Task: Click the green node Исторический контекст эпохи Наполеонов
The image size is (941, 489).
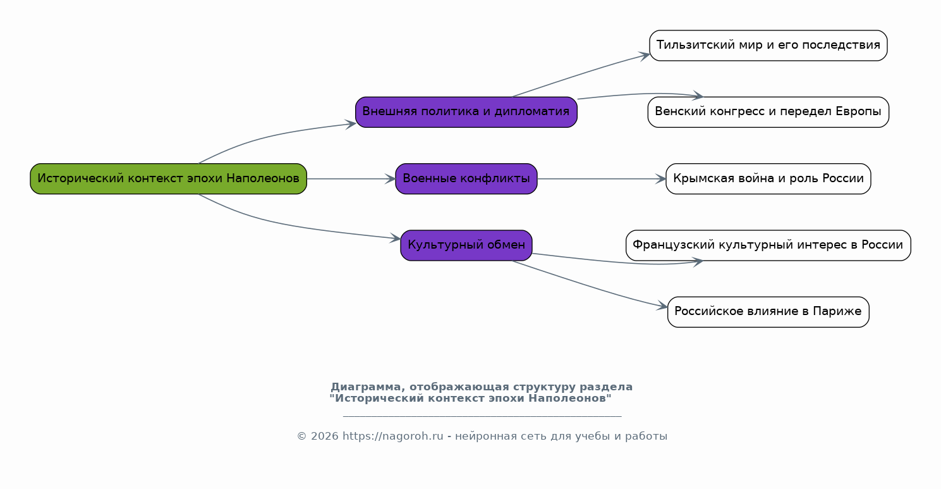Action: coord(169,178)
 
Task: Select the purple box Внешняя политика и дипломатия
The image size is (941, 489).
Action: coord(466,112)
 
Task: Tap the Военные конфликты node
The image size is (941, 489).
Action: coord(466,178)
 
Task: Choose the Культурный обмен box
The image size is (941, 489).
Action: coord(466,245)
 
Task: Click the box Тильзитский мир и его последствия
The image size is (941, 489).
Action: coord(768,46)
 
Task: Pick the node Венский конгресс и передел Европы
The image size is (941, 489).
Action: coord(768,112)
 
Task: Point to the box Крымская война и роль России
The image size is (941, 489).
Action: coord(768,178)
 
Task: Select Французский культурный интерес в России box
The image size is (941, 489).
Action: coord(768,245)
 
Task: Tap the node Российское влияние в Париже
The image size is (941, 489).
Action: coord(768,312)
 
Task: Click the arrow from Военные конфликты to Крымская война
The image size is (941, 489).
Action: coord(602,179)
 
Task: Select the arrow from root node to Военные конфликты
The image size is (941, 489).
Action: coord(351,179)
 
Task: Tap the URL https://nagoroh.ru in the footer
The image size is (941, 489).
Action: coord(393,436)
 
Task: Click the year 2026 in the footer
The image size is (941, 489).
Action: coord(324,436)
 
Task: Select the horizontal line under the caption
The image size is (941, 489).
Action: coord(482,416)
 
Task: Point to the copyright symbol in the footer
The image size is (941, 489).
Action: coord(301,436)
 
